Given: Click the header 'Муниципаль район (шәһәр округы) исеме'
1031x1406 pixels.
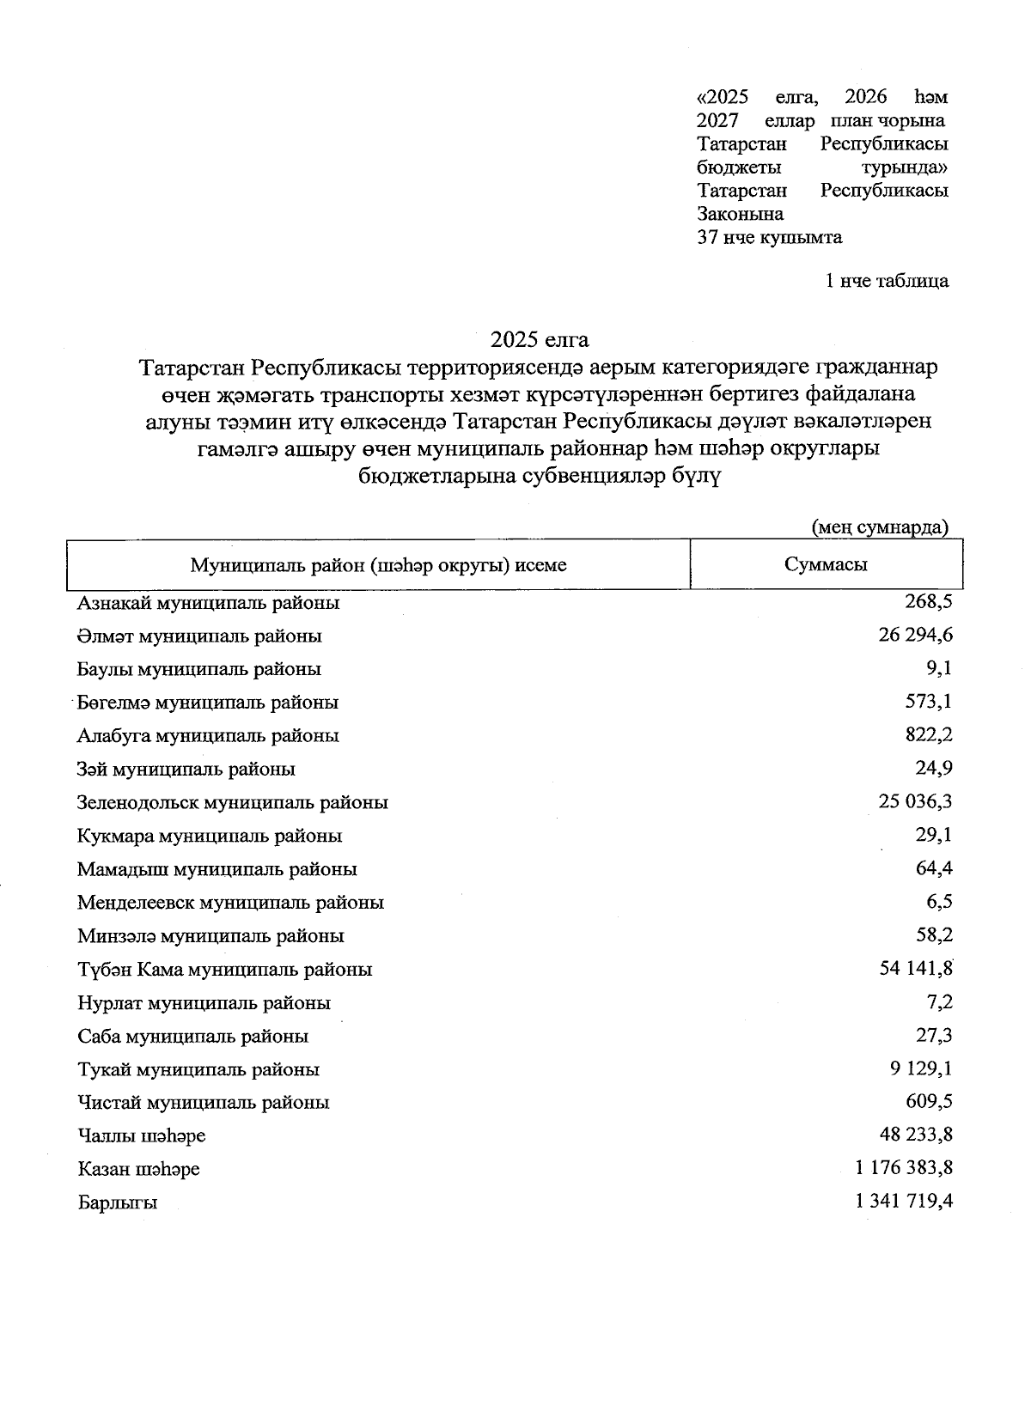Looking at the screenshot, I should click(378, 565).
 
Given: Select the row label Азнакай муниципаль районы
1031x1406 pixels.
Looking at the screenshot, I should click(208, 603).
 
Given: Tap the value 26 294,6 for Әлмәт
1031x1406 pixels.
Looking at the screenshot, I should click(915, 636).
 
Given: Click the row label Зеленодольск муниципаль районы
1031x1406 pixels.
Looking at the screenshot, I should click(232, 803).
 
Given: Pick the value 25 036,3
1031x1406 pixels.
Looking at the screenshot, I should click(915, 801).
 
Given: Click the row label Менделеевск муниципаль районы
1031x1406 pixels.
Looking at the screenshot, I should click(230, 903).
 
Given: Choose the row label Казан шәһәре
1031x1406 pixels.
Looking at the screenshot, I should click(138, 1170).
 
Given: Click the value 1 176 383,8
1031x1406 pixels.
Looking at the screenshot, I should click(904, 1168).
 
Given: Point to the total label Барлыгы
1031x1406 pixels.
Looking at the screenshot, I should click(117, 1203).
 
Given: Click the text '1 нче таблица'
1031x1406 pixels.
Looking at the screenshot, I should click(887, 281).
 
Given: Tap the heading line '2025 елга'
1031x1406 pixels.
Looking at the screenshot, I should click(540, 339).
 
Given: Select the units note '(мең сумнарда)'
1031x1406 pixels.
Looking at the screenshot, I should click(880, 526).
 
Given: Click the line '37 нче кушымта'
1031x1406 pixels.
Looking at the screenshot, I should click(769, 237).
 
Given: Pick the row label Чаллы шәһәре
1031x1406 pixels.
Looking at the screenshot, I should click(141, 1136).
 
